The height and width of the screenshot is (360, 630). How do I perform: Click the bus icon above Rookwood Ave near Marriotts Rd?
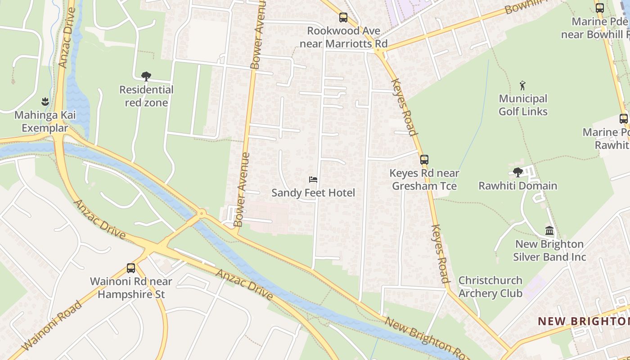(x=343, y=18)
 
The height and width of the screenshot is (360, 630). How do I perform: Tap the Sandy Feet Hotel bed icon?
(x=313, y=180)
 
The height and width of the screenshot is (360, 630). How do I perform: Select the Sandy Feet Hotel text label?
(x=313, y=193)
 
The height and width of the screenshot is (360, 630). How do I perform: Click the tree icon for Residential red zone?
(x=146, y=76)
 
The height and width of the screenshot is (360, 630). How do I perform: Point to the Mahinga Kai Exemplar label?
(x=45, y=121)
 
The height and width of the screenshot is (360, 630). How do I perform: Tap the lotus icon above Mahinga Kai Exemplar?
(x=45, y=101)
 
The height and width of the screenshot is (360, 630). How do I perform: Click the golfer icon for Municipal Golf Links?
(x=522, y=85)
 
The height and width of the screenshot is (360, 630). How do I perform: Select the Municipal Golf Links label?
(x=523, y=105)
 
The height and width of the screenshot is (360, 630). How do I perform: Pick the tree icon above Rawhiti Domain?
(x=518, y=172)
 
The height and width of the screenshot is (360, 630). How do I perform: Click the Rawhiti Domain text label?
(x=517, y=186)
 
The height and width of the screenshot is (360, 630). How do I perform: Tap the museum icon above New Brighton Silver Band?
(x=549, y=231)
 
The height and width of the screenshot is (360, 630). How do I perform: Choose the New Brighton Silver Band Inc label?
(x=549, y=251)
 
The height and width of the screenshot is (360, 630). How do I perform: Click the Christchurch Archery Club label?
(x=490, y=287)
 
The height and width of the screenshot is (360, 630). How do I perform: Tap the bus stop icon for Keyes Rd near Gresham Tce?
(x=424, y=159)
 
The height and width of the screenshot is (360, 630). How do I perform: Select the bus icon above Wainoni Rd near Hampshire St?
(x=131, y=268)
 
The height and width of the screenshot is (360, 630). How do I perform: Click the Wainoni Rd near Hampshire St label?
(x=131, y=288)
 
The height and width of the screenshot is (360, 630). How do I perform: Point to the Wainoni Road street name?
(x=51, y=326)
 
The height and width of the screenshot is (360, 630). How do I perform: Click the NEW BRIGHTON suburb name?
(x=583, y=321)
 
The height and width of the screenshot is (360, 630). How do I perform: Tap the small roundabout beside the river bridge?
(x=202, y=213)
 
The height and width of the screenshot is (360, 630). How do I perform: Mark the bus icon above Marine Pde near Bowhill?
(x=600, y=8)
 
